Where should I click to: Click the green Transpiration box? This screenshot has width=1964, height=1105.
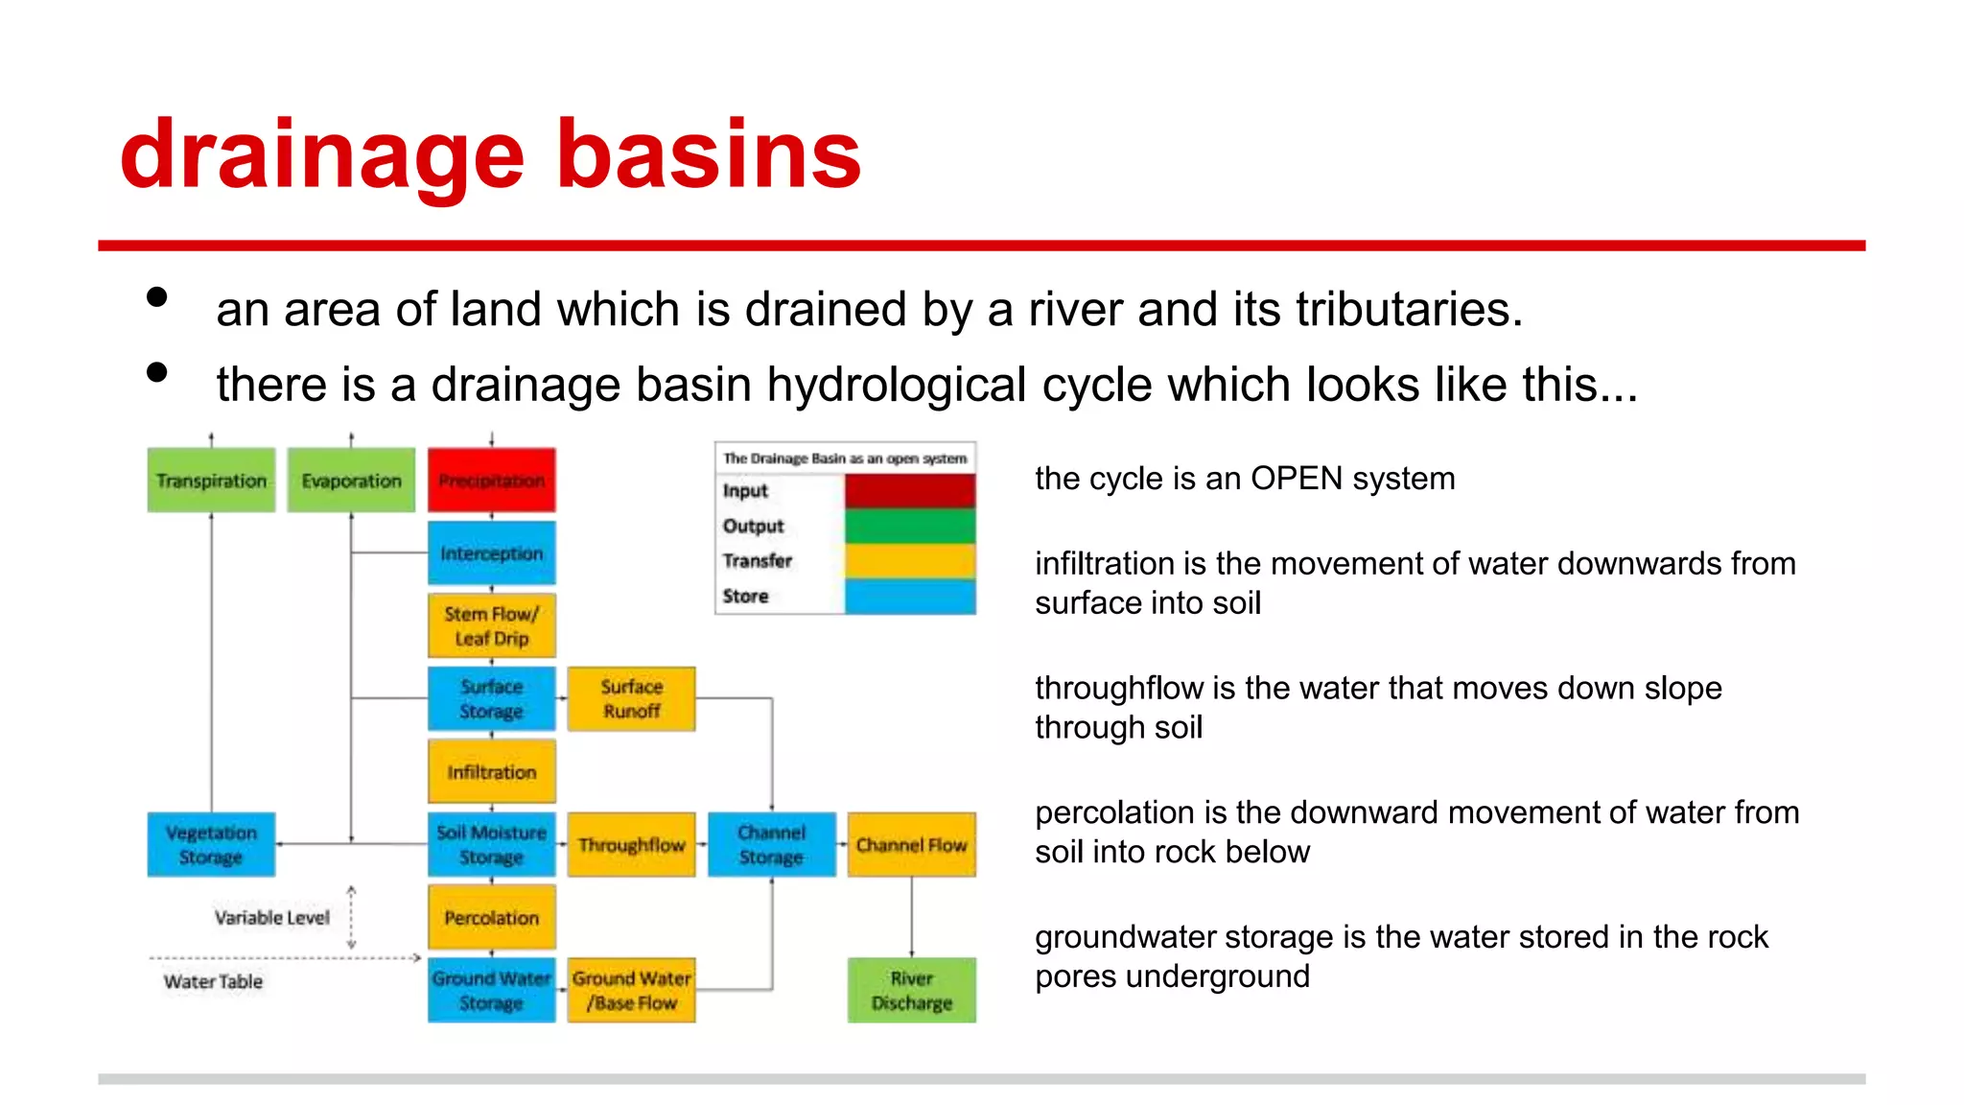pos(211,480)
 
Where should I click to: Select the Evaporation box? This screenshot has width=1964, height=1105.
pos(351,480)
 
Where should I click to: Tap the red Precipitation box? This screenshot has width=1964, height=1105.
pos(491,480)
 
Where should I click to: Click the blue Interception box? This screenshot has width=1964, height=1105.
pos(491,553)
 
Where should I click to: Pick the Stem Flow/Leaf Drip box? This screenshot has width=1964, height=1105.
pos(491,626)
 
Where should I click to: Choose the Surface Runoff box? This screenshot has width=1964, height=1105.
pos(631,699)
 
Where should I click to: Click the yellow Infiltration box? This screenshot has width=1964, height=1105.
pos(491,772)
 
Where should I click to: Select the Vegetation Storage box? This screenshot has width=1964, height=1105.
pos(211,845)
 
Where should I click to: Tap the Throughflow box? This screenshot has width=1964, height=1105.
pos(631,845)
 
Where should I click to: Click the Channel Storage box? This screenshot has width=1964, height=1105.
pos(771,845)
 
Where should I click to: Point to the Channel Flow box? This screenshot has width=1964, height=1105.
pos(911,845)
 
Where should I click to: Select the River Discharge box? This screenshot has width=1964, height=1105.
pos(911,991)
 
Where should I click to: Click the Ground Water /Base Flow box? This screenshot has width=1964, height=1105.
pos(631,991)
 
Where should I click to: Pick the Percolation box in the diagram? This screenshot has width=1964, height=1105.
pos(491,918)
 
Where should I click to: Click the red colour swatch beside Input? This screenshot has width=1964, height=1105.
pos(909,491)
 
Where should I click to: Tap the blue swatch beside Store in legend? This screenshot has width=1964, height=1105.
pos(909,597)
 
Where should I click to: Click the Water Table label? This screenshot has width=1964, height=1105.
pos(213,981)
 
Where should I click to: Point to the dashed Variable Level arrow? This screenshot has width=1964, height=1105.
pos(352,918)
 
